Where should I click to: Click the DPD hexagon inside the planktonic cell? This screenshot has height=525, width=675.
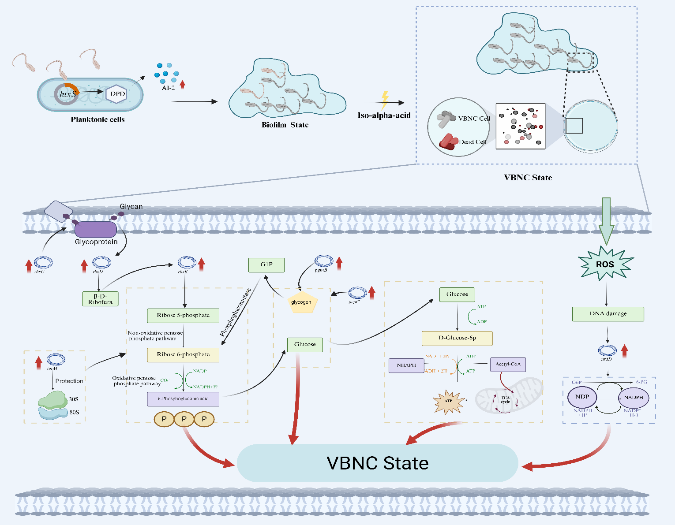[117, 94]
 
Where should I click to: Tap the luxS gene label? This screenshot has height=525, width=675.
[68, 94]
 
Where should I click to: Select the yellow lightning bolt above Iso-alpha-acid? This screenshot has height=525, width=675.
[385, 100]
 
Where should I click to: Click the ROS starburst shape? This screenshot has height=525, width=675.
[605, 264]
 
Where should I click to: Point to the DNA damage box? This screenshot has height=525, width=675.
[608, 314]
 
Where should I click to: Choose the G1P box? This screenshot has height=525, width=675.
[266, 264]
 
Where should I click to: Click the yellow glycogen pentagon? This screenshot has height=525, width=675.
[302, 302]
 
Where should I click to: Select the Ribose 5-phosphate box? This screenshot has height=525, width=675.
[183, 315]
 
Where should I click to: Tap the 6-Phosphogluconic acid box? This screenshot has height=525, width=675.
[183, 398]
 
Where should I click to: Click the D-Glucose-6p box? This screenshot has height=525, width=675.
[457, 338]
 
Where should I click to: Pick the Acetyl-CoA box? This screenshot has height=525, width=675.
[508, 364]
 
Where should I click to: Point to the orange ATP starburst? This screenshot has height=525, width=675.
[449, 401]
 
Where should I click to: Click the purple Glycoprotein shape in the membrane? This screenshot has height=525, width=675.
[95, 230]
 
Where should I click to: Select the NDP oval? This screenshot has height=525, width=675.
[582, 397]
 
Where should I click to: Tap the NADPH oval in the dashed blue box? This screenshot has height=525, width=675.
[634, 397]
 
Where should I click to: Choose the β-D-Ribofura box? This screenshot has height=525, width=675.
[100, 299]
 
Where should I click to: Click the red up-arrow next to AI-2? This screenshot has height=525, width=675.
[183, 84]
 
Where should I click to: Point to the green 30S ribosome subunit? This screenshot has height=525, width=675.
[52, 399]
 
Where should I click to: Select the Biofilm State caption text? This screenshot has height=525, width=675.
[285, 125]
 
